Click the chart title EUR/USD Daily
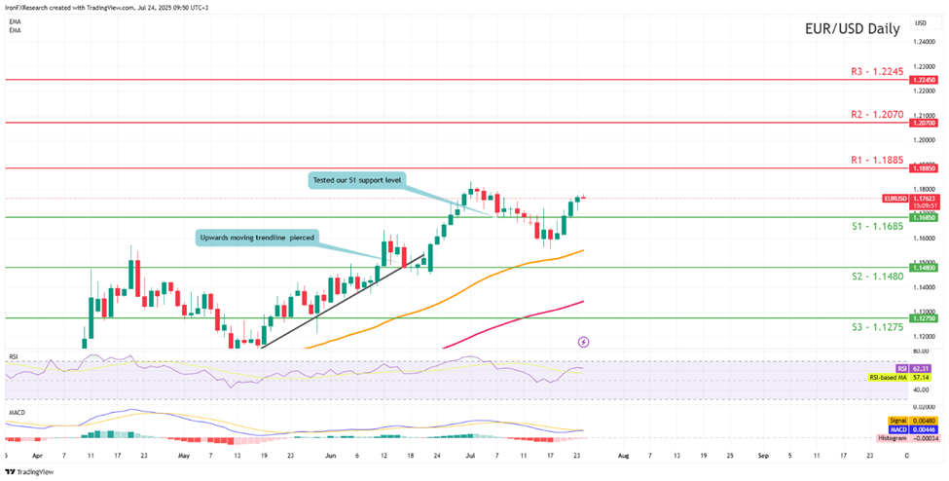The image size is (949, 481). (852, 28)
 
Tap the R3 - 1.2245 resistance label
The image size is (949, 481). (877, 71)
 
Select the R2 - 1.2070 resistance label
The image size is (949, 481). (877, 114)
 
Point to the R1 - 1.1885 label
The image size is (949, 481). (877, 159)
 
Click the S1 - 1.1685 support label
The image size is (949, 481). (876, 226)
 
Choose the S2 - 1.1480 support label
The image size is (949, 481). (876, 276)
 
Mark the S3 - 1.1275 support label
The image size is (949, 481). (876, 326)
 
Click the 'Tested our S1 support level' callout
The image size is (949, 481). (356, 180)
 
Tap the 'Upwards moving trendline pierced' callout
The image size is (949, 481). (258, 237)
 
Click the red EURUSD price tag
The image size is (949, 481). (895, 198)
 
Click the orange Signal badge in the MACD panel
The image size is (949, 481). (898, 421)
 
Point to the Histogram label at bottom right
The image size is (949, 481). (891, 438)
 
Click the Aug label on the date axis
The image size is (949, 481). (624, 455)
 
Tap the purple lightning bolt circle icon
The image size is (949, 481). (584, 342)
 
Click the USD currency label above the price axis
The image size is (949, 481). (921, 21)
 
